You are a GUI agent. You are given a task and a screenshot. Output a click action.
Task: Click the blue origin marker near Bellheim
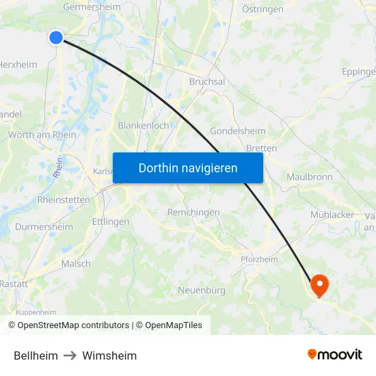tap(56, 38)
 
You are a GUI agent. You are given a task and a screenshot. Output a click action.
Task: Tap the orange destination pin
tap(319, 284)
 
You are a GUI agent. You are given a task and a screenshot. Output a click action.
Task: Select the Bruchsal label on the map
tap(206, 81)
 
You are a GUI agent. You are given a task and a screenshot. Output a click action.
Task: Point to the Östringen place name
tap(263, 9)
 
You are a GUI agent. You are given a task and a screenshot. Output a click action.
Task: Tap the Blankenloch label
tap(144, 126)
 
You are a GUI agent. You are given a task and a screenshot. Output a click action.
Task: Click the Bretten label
tap(261, 148)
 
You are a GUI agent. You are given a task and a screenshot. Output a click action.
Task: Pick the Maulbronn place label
tap(310, 176)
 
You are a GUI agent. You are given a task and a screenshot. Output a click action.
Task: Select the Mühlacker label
tap(332, 215)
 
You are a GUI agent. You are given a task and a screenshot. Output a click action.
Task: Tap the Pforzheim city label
tap(259, 259)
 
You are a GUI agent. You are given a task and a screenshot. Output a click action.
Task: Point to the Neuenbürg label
tap(202, 291)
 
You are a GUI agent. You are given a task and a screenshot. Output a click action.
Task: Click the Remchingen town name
tap(193, 213)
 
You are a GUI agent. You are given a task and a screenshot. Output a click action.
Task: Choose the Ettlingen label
tap(110, 222)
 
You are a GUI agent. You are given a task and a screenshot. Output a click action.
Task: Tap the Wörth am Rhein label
tap(42, 135)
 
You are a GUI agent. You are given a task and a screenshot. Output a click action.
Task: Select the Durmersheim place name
tap(44, 227)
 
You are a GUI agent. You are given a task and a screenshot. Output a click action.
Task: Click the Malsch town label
tap(75, 264)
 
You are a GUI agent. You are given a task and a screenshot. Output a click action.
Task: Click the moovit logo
tap(335, 355)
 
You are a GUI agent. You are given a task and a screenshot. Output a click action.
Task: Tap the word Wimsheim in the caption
tap(109, 355)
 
